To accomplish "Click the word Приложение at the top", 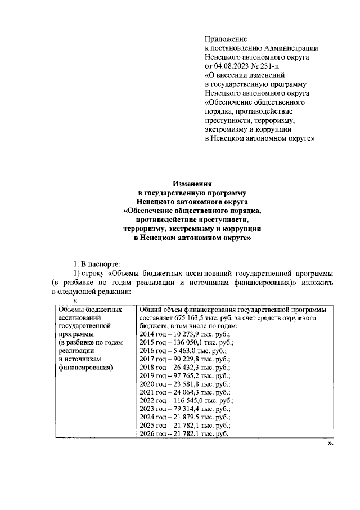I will tap(226, 39).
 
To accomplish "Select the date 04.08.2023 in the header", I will tap(235, 66).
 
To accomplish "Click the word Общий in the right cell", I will tap(150, 310).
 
